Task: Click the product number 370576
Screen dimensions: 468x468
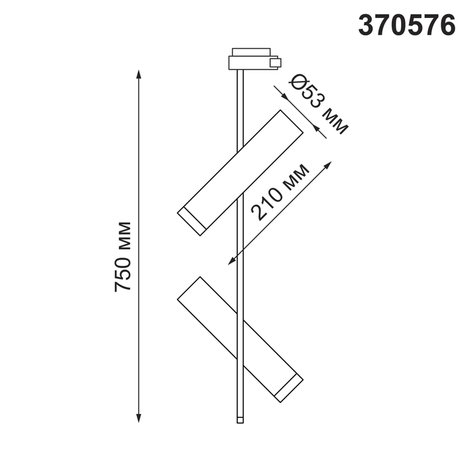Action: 406,25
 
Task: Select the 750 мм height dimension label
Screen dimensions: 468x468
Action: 122,256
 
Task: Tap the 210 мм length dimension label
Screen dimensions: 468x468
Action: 279,193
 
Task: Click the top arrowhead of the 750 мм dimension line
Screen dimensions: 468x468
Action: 138,74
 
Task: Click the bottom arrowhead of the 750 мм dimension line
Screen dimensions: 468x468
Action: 138,418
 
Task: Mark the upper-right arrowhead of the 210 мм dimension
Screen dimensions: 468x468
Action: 328,165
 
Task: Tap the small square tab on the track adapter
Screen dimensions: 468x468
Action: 275,63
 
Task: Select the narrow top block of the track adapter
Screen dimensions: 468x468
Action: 251,51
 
